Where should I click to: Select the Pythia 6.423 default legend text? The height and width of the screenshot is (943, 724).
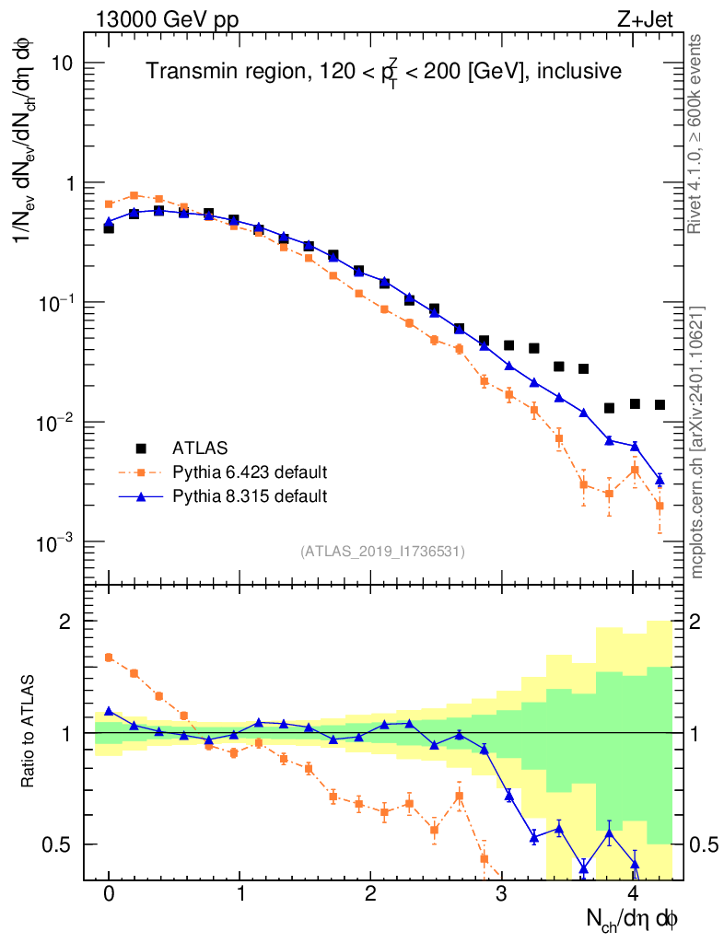pyautogui.click(x=250, y=472)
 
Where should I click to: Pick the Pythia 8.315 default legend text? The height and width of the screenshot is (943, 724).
pyautogui.click(x=250, y=496)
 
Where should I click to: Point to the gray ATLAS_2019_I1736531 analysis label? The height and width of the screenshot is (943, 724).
pyautogui.click(x=382, y=552)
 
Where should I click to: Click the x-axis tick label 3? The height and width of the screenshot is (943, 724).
pyautogui.click(x=502, y=895)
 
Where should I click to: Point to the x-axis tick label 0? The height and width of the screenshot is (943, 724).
pyautogui.click(x=109, y=895)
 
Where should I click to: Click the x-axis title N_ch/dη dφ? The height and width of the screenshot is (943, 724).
pyautogui.click(x=633, y=918)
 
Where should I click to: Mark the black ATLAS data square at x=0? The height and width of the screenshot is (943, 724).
pyautogui.click(x=109, y=227)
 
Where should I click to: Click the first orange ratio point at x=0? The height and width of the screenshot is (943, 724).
pyautogui.click(x=109, y=658)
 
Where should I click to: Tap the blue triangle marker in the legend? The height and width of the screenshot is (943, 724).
pyautogui.click(x=141, y=496)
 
